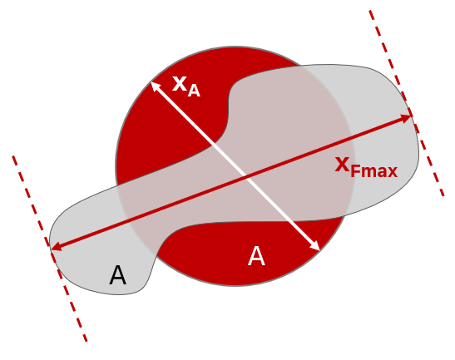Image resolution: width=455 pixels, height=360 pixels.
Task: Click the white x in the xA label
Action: (x=179, y=84)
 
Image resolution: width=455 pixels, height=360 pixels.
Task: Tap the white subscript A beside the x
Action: (x=194, y=91)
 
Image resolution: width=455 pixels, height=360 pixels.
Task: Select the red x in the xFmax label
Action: (x=342, y=165)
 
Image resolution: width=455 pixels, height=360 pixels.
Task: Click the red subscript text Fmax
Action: (x=373, y=171)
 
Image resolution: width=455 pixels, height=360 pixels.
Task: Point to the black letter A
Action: (x=117, y=275)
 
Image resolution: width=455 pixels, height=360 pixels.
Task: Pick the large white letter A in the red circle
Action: (x=256, y=256)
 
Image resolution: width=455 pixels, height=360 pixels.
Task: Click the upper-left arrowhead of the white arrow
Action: (x=155, y=86)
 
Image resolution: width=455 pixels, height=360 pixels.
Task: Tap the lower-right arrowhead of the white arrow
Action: (x=315, y=246)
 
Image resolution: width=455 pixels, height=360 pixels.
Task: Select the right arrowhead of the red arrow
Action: (x=407, y=118)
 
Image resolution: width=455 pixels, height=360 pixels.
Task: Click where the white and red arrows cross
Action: (x=246, y=176)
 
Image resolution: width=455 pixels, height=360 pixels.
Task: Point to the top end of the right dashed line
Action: (x=370, y=11)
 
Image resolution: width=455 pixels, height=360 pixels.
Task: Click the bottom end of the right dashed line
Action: (x=443, y=195)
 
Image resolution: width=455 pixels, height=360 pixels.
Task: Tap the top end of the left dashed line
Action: (x=13, y=156)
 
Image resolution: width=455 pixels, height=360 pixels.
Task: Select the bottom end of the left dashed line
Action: (x=87, y=341)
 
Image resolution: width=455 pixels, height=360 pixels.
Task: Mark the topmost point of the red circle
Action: (x=235, y=47)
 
